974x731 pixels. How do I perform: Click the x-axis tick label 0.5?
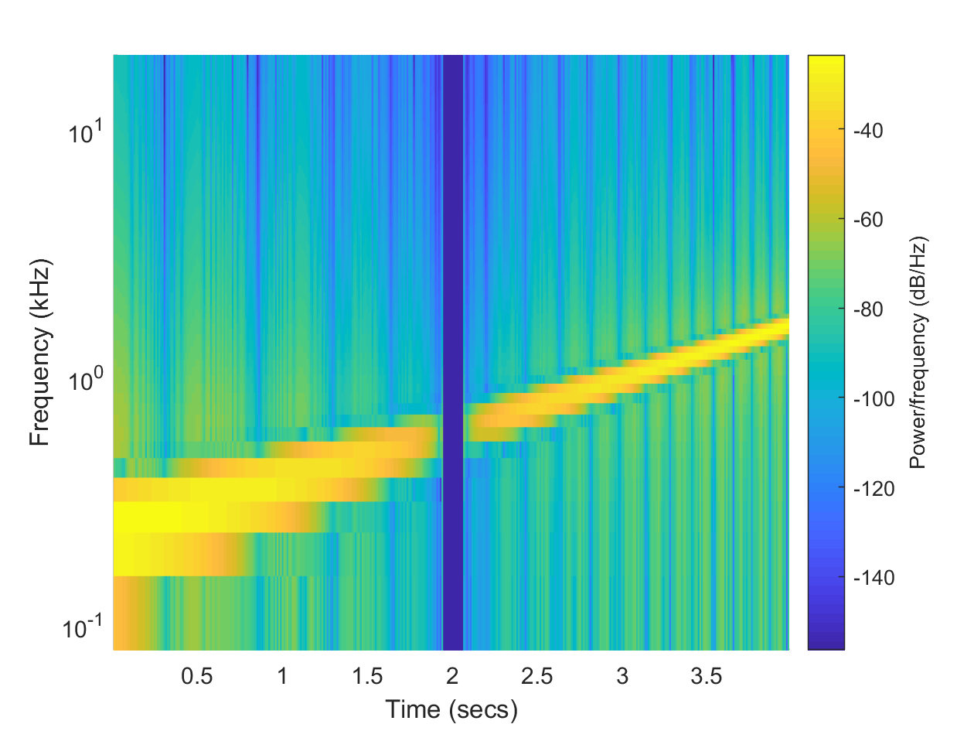[x=196, y=676]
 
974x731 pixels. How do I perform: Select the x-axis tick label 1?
[x=283, y=676]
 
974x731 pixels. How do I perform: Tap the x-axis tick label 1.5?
[x=367, y=676]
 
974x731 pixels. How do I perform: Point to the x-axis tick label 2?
[x=452, y=676]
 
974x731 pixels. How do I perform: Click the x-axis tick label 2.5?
[x=536, y=676]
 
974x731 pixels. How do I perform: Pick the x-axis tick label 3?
[x=622, y=676]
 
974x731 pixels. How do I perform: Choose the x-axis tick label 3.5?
[x=706, y=676]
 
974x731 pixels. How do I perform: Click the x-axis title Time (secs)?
[x=451, y=708]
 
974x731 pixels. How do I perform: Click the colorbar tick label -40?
[x=869, y=131]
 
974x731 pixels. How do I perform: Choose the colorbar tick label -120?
[x=873, y=488]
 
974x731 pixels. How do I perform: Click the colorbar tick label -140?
[x=873, y=578]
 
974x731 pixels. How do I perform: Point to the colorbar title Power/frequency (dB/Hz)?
[x=918, y=353]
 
